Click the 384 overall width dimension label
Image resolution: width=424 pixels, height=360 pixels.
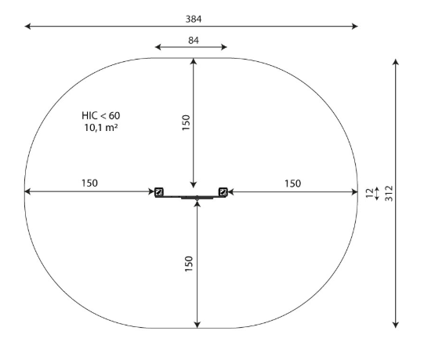194,19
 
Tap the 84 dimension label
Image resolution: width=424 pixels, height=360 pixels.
194,40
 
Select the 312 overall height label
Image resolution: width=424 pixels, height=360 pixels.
389,193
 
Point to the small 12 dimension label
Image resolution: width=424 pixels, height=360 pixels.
369,193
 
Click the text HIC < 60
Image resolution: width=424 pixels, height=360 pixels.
101,115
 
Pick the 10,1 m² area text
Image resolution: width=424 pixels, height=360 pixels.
101,128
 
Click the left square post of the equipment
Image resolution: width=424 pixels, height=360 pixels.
159,191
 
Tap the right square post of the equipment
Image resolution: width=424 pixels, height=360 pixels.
223,191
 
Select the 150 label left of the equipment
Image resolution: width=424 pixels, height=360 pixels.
89,184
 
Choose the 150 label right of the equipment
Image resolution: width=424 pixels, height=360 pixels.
293,184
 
